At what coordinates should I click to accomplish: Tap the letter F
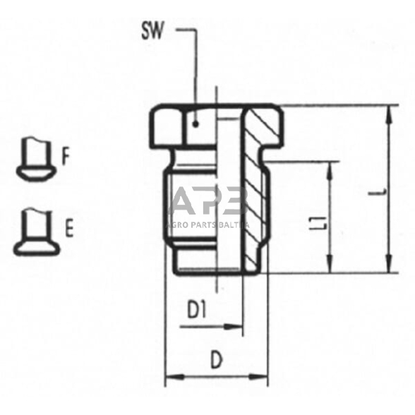65,156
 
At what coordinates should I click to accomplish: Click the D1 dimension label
198,310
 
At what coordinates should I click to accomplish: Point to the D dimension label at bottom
216,360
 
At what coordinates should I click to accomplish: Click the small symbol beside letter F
35,158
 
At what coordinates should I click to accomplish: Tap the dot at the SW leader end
198,124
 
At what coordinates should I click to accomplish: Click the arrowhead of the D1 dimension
237,327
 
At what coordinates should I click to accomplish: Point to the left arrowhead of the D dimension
170,378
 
